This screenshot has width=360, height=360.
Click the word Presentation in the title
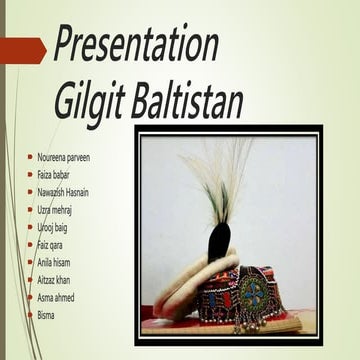[136, 45]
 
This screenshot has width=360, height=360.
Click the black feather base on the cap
[221, 240]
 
